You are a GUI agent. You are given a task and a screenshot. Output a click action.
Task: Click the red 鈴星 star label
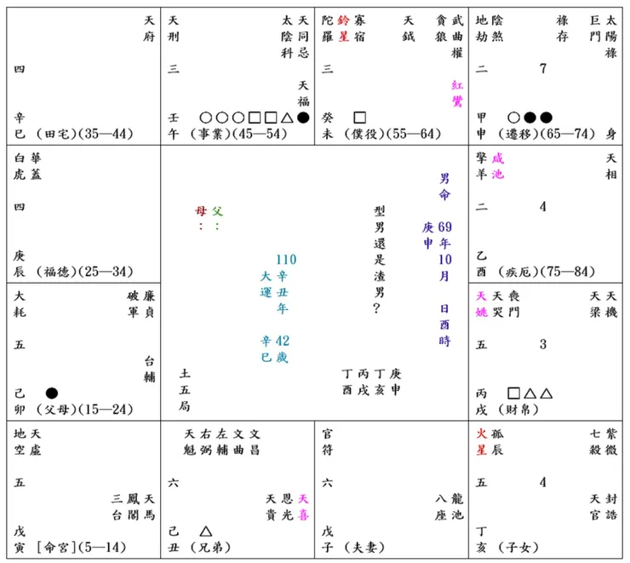point(343,28)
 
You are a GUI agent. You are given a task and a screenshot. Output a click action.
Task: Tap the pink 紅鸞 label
point(457,93)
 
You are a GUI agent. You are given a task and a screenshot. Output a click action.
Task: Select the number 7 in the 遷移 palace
point(543,69)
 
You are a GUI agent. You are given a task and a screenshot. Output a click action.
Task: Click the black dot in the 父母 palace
point(52,393)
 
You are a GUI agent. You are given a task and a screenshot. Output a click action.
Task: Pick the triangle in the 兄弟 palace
point(206,531)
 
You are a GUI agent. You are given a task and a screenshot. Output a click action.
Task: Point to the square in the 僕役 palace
point(359,118)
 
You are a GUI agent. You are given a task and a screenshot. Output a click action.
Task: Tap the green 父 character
point(217,211)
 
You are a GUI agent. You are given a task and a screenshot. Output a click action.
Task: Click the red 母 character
point(201,211)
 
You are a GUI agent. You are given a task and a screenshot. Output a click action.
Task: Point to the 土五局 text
point(185,390)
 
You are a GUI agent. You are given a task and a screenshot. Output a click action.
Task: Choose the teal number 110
point(286,260)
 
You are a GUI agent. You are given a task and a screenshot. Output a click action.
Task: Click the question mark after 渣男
point(376,308)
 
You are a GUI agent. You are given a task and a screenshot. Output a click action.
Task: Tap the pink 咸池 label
point(497,166)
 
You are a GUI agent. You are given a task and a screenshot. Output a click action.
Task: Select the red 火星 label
point(481,442)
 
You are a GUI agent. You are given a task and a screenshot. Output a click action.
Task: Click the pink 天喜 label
point(303,507)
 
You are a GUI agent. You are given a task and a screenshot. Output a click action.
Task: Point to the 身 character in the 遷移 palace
point(611,134)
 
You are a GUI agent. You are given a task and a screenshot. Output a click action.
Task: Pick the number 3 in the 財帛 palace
point(543,344)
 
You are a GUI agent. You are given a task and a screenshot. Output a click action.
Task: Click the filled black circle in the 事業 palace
point(303,118)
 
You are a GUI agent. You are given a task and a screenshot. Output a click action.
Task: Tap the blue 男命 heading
point(444,187)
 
